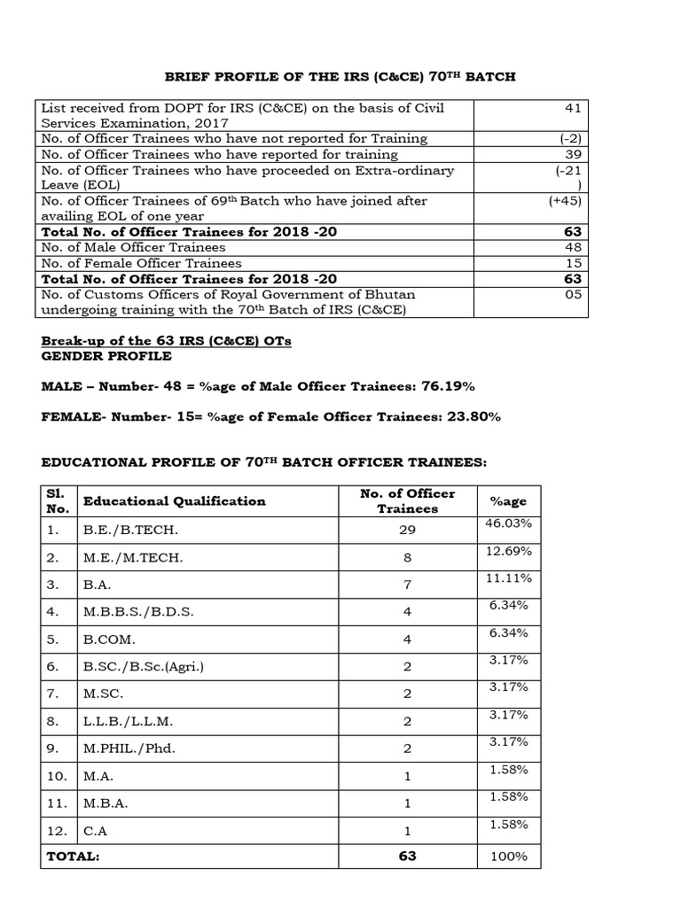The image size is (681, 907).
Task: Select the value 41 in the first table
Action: [574, 108]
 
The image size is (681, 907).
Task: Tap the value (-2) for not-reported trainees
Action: [571, 138]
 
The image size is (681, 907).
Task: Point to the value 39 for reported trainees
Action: [574, 154]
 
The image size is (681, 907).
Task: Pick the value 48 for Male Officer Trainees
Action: [574, 247]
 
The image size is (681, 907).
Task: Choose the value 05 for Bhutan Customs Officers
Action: [574, 294]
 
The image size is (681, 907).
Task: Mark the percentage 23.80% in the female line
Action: [471, 416]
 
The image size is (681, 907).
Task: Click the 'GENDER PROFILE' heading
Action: [106, 356]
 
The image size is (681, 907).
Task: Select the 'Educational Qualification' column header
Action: [174, 500]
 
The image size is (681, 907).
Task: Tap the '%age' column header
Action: [508, 500]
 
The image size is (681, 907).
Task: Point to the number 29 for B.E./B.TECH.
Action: [407, 530]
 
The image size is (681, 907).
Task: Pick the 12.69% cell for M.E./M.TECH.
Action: [508, 551]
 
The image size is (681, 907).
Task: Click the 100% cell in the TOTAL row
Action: [509, 857]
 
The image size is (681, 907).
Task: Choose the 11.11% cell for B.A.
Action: [508, 578]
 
